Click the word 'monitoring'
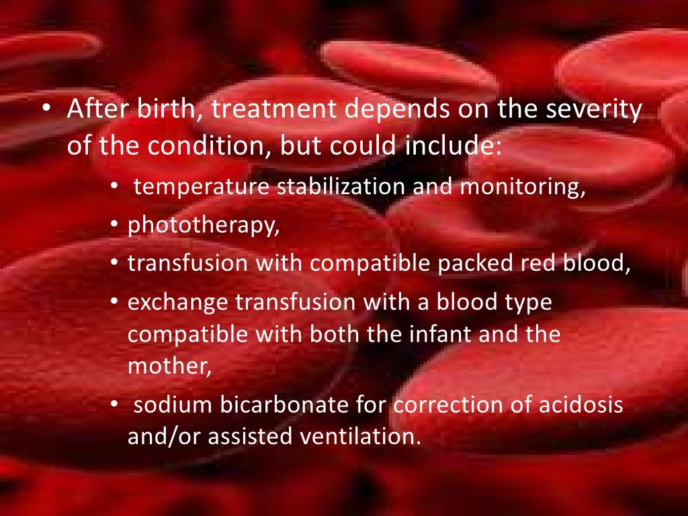pos(521,188)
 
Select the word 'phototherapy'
pos(202,226)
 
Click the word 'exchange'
pos(177,303)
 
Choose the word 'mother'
pos(168,367)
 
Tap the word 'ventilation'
pos(363,437)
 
